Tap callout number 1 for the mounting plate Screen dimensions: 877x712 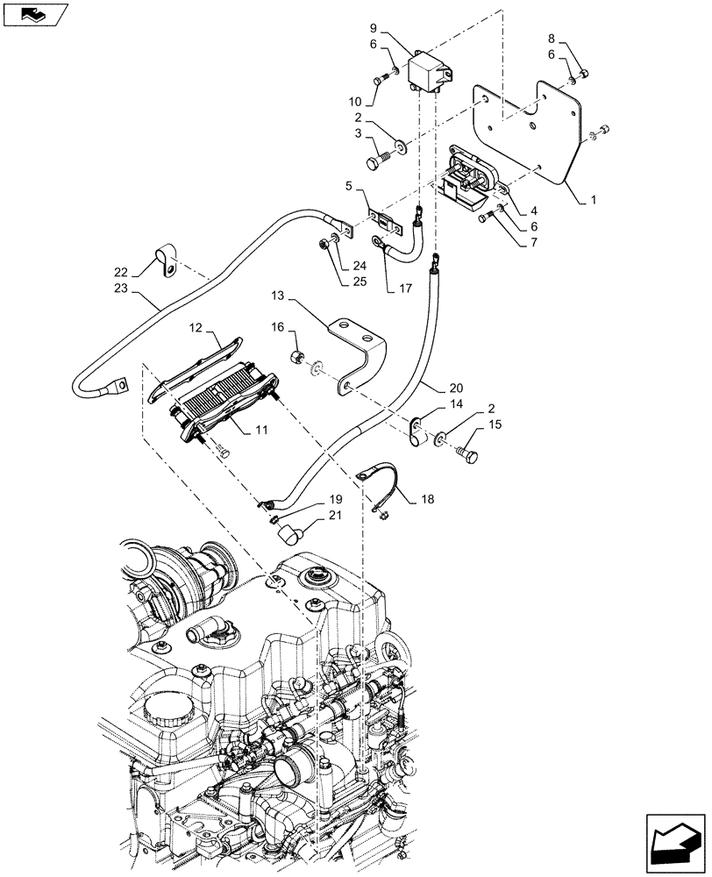click(595, 201)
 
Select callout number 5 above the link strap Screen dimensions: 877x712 click(349, 186)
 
